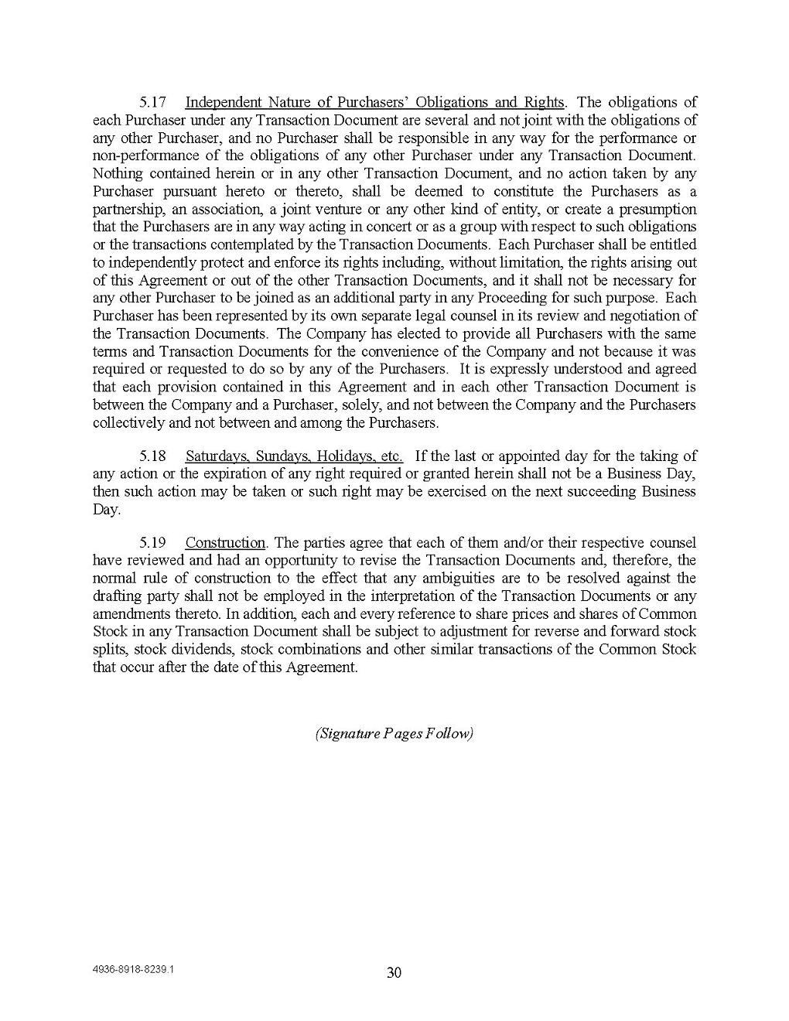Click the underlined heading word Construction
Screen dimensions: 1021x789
(x=225, y=542)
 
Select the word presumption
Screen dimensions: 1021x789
(x=657, y=210)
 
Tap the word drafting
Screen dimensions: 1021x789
(x=115, y=596)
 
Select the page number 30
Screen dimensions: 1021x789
(x=394, y=973)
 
